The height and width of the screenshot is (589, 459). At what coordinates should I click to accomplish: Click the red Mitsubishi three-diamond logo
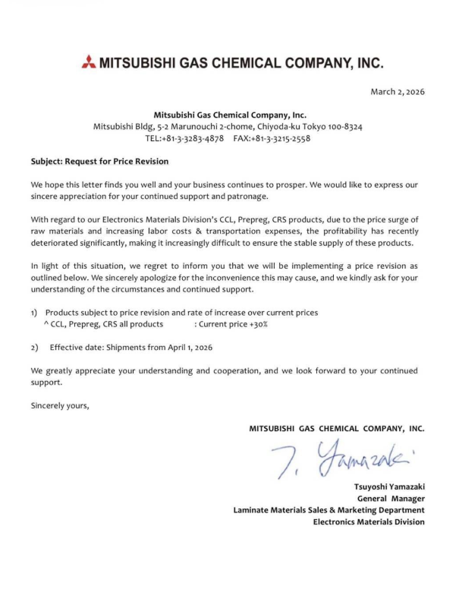click(88, 62)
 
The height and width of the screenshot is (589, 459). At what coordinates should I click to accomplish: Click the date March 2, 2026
click(397, 92)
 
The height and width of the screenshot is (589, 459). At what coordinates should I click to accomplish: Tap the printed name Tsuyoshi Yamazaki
click(389, 486)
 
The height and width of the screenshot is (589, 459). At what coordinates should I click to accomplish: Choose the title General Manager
click(391, 498)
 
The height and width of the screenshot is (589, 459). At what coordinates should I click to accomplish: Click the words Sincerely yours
click(60, 405)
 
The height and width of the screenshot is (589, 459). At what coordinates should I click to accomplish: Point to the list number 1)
click(35, 313)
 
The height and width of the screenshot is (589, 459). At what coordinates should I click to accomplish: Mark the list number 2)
click(35, 347)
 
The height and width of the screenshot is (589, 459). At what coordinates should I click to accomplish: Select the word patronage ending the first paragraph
click(247, 197)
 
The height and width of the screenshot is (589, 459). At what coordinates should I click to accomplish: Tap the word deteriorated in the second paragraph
click(55, 242)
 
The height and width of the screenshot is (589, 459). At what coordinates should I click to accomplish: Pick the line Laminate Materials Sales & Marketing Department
click(329, 510)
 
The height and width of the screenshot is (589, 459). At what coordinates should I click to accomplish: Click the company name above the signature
click(336, 429)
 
